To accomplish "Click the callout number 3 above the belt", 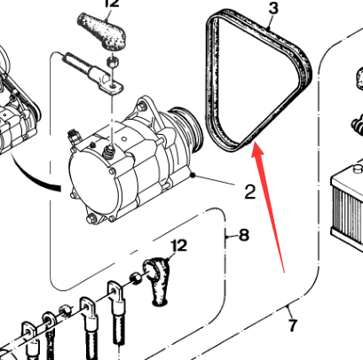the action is [x=273, y=9].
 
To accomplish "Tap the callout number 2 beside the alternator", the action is [x=250, y=192].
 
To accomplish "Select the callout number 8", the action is [x=244, y=236].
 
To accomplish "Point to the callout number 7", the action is [x=293, y=325].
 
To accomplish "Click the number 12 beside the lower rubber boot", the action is [x=179, y=246].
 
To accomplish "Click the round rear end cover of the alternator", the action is [x=91, y=180].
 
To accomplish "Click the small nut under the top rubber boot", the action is [x=112, y=62].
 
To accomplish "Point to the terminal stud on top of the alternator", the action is [x=109, y=152].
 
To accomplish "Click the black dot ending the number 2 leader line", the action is [x=193, y=176].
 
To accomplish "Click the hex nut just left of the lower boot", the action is [x=135, y=278].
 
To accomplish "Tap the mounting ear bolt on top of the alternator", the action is [x=142, y=106].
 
